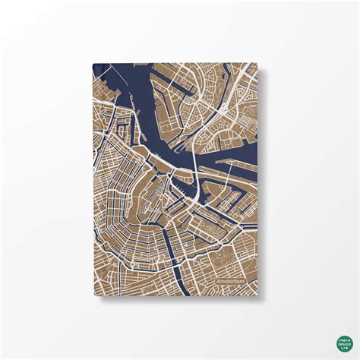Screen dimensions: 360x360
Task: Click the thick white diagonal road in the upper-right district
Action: (x=220, y=114)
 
